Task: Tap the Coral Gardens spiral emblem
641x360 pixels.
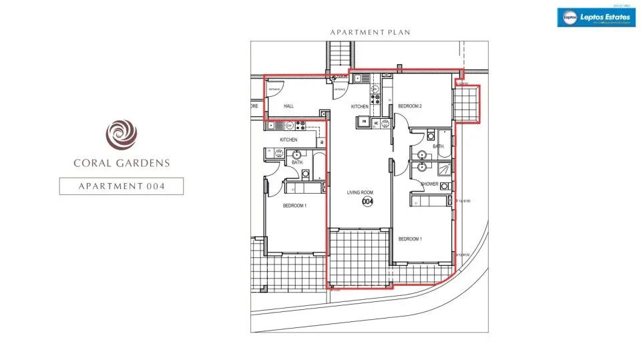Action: click(121, 133)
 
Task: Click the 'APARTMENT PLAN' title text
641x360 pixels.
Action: click(370, 32)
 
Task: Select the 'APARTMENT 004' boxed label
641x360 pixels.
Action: click(121, 186)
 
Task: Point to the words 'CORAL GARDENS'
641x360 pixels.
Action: click(121, 162)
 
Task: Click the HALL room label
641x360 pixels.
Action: click(288, 106)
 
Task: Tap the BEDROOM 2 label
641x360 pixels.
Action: click(410, 106)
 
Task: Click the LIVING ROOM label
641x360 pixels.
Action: click(359, 192)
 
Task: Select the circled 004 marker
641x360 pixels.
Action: click(367, 202)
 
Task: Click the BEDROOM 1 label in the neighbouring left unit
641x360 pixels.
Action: click(294, 206)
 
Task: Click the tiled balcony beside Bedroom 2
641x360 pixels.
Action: click(467, 104)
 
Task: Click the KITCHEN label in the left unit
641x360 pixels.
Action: click(288, 140)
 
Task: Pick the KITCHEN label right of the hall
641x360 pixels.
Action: click(360, 107)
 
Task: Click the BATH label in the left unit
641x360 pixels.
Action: click(297, 162)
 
